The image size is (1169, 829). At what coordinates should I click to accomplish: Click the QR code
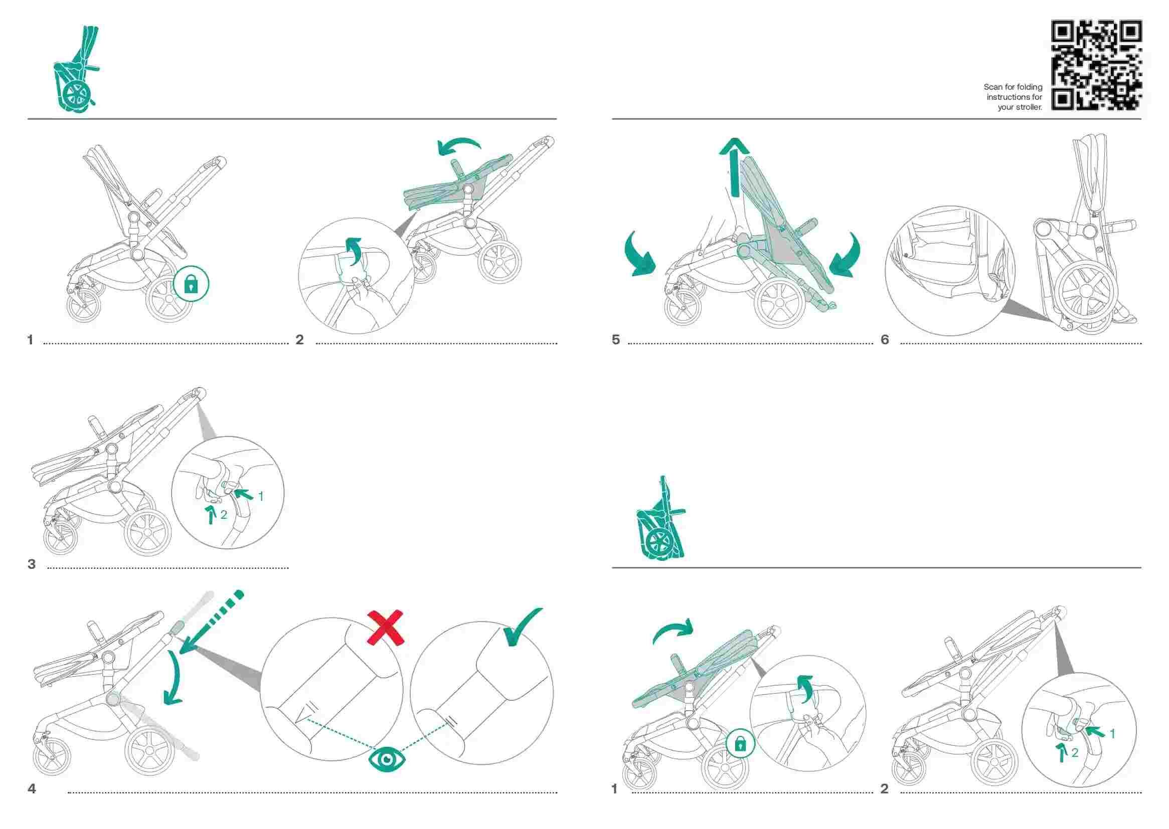[x=1095, y=65]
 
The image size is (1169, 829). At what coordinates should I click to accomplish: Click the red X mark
[x=387, y=628]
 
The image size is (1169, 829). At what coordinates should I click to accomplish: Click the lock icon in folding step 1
[x=191, y=284]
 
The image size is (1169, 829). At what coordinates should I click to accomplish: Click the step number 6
[x=885, y=340]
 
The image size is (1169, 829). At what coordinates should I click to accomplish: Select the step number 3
[x=32, y=564]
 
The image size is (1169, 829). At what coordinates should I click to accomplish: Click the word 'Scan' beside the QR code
[x=993, y=87]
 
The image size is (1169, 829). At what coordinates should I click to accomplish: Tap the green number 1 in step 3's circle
[x=261, y=496]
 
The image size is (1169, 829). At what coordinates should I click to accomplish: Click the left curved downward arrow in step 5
[x=639, y=254]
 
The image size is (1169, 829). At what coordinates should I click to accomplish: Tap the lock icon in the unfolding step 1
[x=740, y=745]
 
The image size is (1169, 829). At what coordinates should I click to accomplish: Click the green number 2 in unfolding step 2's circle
[x=1075, y=753]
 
